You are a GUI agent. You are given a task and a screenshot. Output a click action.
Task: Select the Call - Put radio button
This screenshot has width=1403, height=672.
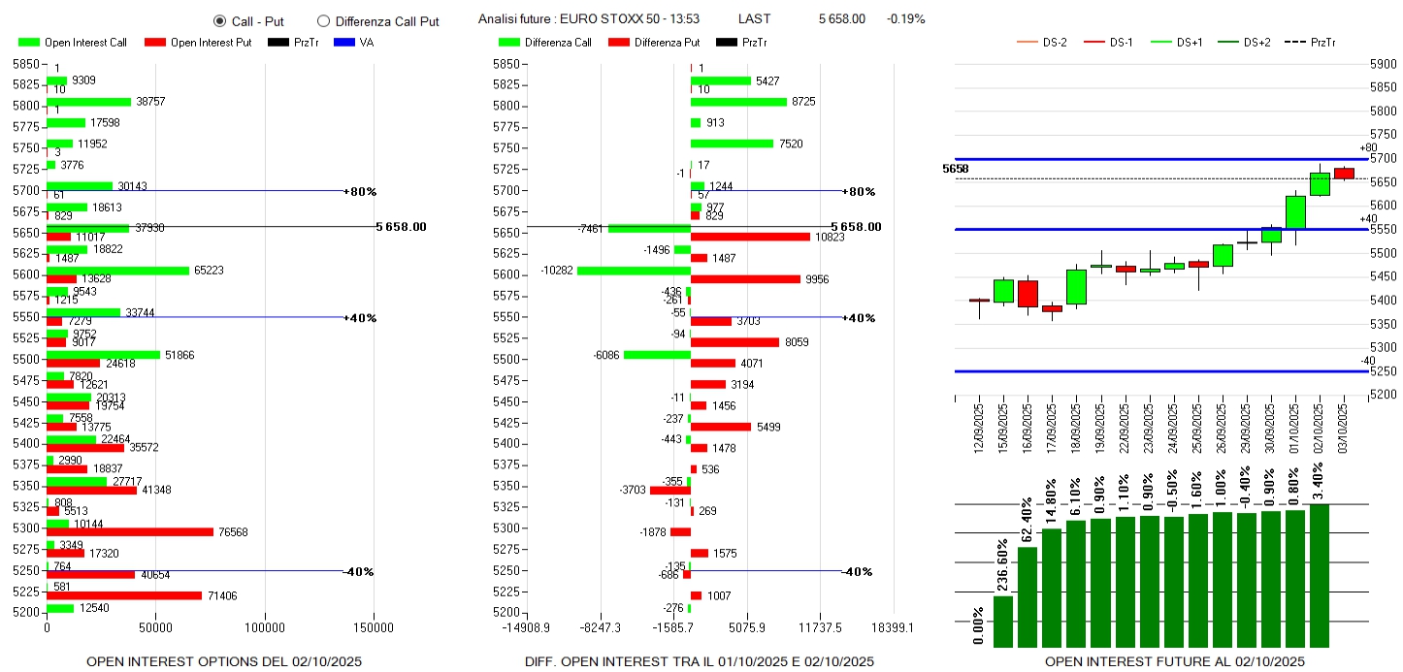click(x=220, y=21)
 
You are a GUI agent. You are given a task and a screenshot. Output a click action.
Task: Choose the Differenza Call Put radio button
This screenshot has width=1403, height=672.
click(x=324, y=21)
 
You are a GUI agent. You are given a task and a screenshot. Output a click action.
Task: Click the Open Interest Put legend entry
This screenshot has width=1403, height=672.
click(x=197, y=43)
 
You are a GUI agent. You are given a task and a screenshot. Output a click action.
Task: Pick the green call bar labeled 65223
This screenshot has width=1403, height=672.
click(x=117, y=271)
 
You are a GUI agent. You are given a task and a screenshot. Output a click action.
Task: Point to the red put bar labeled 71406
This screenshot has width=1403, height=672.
click(x=124, y=595)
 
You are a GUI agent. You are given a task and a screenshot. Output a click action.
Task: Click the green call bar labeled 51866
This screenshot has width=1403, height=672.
click(x=103, y=355)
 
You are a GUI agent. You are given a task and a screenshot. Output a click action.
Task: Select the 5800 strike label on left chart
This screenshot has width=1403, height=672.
click(x=26, y=106)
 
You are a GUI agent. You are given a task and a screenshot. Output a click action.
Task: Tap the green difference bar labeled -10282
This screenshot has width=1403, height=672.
click(x=634, y=271)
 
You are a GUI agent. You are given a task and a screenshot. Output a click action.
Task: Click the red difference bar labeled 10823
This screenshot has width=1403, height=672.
click(x=750, y=237)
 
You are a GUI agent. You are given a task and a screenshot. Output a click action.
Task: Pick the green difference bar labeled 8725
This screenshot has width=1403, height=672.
click(x=738, y=102)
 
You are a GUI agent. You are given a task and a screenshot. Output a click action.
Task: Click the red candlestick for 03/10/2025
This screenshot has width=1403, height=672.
click(x=1344, y=174)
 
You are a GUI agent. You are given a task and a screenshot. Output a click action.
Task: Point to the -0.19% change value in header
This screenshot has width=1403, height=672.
click(x=905, y=19)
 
